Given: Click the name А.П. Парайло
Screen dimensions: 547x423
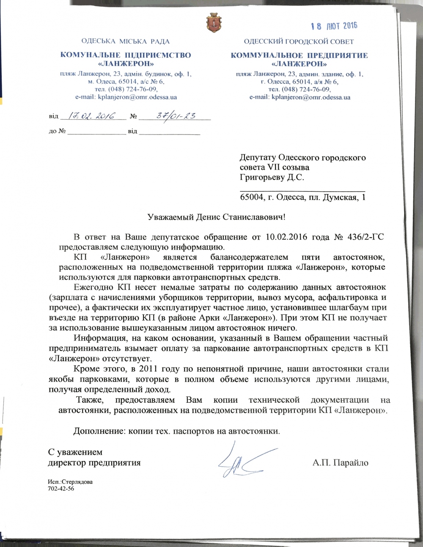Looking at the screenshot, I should (x=341, y=462).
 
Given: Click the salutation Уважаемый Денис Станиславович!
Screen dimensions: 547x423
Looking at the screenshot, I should (x=217, y=217).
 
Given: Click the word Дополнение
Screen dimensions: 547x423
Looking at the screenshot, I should (x=99, y=432).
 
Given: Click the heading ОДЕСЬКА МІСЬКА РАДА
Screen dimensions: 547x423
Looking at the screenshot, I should (x=125, y=41).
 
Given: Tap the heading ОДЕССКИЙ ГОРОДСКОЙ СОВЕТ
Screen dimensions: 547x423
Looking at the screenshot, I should (x=299, y=41).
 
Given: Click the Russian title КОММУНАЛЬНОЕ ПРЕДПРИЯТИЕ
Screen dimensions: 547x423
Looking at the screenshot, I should (x=299, y=55).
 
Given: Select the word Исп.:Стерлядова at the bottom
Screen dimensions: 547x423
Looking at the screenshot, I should (x=70, y=482).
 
